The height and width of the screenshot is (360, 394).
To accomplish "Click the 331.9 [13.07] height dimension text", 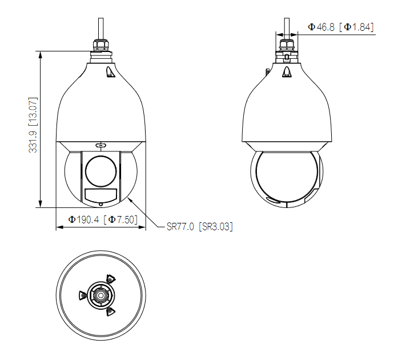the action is [33, 125].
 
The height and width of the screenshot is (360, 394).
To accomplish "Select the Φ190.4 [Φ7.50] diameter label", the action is [103, 219].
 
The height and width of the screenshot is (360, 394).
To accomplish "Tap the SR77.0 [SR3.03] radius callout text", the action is [200, 226].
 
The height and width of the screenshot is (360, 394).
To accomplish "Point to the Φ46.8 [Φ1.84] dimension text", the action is [341, 27].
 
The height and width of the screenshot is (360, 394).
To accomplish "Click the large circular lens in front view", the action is [100, 171].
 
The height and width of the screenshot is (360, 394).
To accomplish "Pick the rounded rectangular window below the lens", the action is [100, 195].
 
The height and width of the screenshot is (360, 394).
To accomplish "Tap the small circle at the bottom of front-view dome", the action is [100, 205].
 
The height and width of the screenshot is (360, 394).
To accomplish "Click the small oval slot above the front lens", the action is [100, 145].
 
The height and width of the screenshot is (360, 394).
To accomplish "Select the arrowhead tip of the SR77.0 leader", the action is [128, 198].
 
